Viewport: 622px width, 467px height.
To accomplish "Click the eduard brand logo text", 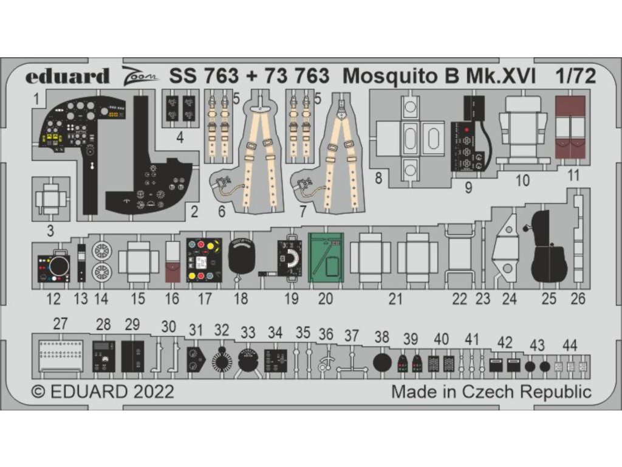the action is point(67,76).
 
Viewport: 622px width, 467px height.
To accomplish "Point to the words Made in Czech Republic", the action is point(491,391).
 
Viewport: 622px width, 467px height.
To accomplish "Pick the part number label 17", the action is point(205,299).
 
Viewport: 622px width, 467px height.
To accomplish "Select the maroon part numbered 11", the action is point(570,127).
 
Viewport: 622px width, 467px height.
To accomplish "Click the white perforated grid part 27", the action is point(61,355).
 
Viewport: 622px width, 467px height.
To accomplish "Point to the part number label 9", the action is point(468,188).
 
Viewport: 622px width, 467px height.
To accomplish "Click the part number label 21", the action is point(395,299).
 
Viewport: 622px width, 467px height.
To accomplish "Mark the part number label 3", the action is point(50,231).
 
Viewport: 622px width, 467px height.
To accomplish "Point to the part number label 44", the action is point(569,345).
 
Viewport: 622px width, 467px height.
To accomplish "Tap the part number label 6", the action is point(222,212).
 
